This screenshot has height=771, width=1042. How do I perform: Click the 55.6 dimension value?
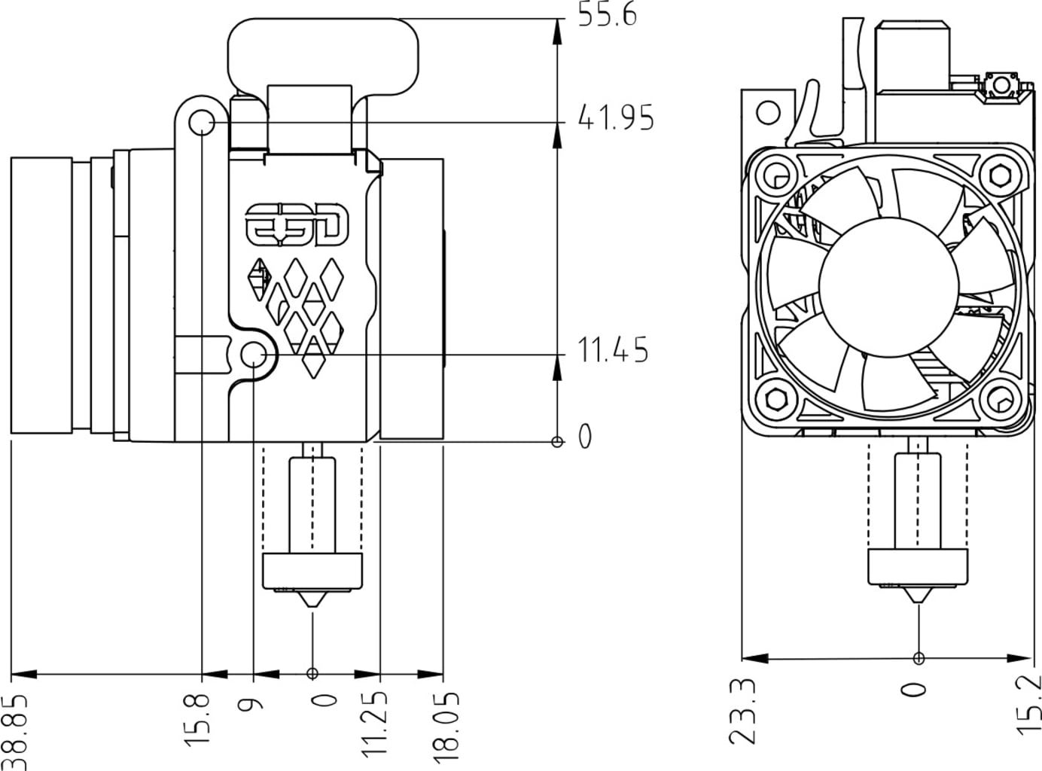coord(607,14)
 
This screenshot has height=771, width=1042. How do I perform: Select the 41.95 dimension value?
coord(615,118)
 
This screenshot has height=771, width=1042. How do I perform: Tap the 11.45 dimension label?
coord(612,351)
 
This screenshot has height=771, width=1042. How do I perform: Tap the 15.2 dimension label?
coord(1028,704)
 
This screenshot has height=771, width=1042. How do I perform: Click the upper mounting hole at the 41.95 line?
coord(202,122)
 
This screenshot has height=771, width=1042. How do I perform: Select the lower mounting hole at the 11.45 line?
coord(255,353)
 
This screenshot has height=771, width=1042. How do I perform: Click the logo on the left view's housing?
coord(299,224)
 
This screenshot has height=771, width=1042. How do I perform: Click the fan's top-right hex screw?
coord(999,175)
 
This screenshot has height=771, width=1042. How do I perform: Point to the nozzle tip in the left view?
coord(312,605)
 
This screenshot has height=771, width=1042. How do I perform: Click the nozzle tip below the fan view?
coord(917,599)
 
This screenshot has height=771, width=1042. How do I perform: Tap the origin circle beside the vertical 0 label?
coord(557,441)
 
